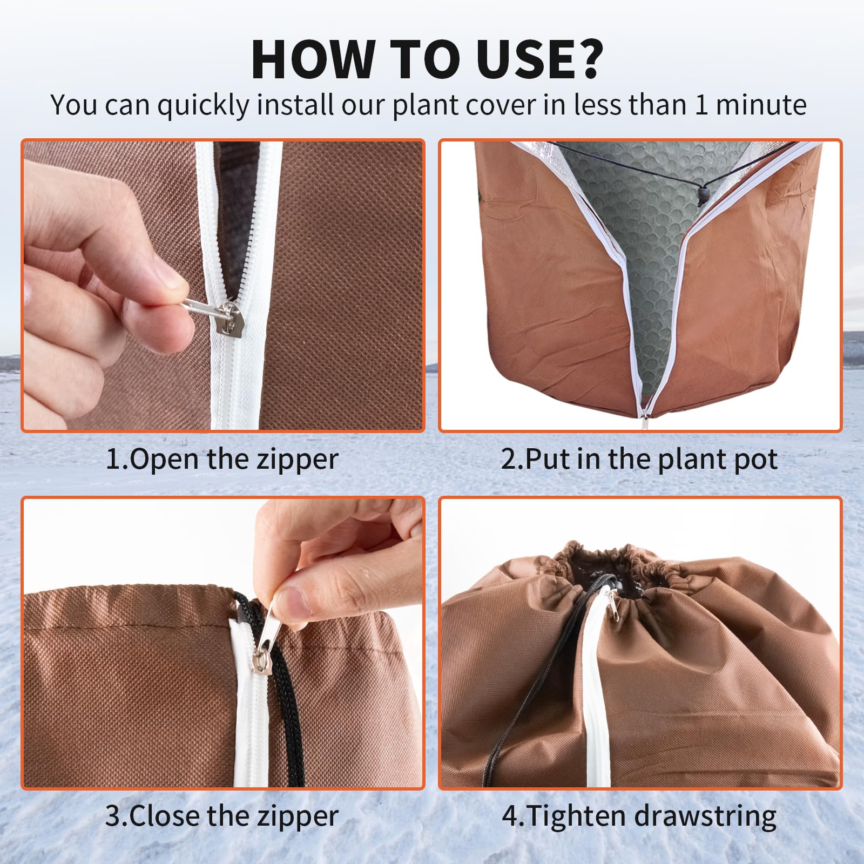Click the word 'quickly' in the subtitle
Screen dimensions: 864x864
[x=203, y=106]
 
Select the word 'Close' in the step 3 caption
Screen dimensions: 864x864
[x=165, y=816]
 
